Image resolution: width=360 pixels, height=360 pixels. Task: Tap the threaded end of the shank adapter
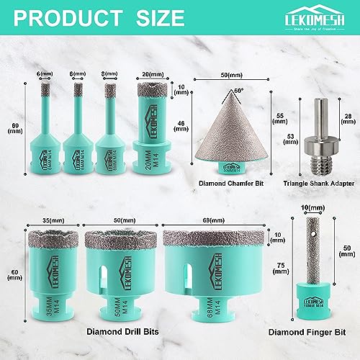click(x=318, y=162)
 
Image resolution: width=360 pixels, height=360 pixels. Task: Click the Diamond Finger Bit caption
click(x=310, y=333)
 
